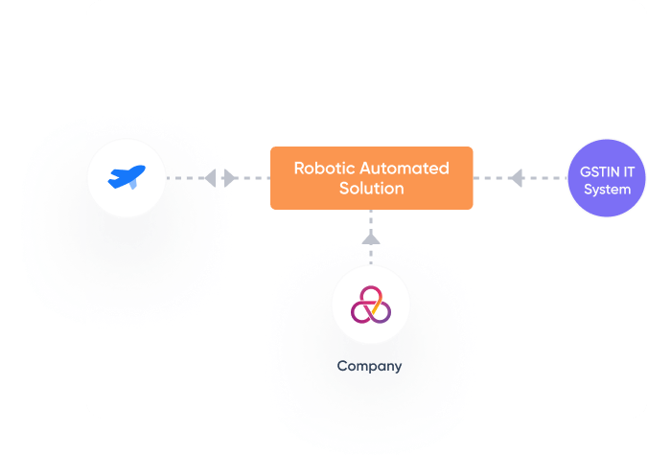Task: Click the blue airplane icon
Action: click(x=127, y=177)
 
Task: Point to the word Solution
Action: click(x=371, y=189)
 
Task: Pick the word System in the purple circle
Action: click(x=607, y=190)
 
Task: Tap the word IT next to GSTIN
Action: click(x=628, y=171)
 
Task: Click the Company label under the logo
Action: click(x=369, y=366)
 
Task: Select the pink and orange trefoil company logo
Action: click(x=370, y=305)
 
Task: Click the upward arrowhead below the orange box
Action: click(x=371, y=237)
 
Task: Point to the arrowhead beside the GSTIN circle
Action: click(x=516, y=177)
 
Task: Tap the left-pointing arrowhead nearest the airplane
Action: click(x=209, y=177)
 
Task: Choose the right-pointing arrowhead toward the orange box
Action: click(x=231, y=177)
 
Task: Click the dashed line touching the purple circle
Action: click(x=551, y=177)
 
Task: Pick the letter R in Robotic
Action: click(x=299, y=169)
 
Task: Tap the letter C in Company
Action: click(x=342, y=366)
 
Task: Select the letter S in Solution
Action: click(x=344, y=189)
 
